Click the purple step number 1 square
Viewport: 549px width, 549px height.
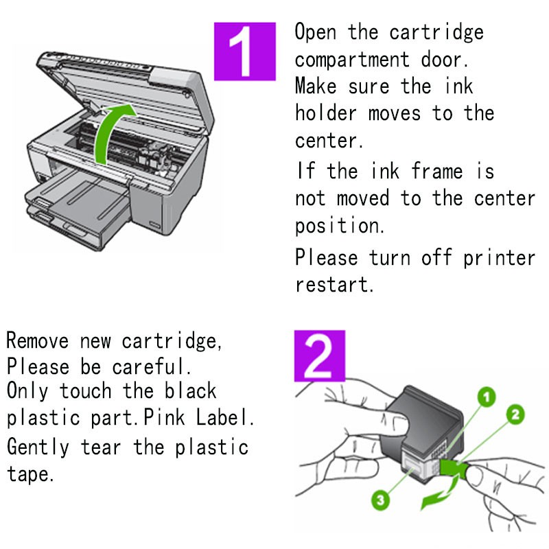point(245,51)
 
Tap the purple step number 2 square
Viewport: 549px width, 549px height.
point(320,355)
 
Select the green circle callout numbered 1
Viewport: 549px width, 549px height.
point(487,397)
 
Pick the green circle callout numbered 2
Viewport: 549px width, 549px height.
point(515,415)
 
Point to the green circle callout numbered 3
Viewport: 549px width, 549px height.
point(381,500)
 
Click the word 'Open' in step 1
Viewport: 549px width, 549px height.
point(316,32)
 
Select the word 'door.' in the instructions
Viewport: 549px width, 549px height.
point(444,60)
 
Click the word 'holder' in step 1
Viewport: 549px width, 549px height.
point(326,113)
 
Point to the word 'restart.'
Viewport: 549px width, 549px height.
point(334,284)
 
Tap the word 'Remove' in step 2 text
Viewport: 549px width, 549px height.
point(38,340)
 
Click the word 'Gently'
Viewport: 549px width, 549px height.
point(38,447)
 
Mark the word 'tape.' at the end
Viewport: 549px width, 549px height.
point(30,474)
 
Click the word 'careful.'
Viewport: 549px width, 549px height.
point(152,366)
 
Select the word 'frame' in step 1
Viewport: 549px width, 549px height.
point(437,171)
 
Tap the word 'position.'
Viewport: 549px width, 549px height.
point(340,226)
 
